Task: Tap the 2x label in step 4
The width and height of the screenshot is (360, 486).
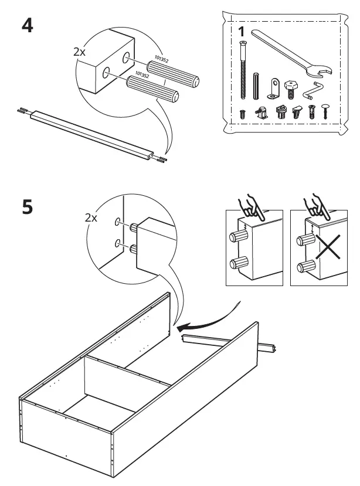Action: pyautogui.click(x=79, y=52)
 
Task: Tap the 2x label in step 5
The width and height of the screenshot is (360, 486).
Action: pyautogui.click(x=90, y=217)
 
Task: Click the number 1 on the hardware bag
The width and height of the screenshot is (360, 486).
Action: pyautogui.click(x=242, y=30)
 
